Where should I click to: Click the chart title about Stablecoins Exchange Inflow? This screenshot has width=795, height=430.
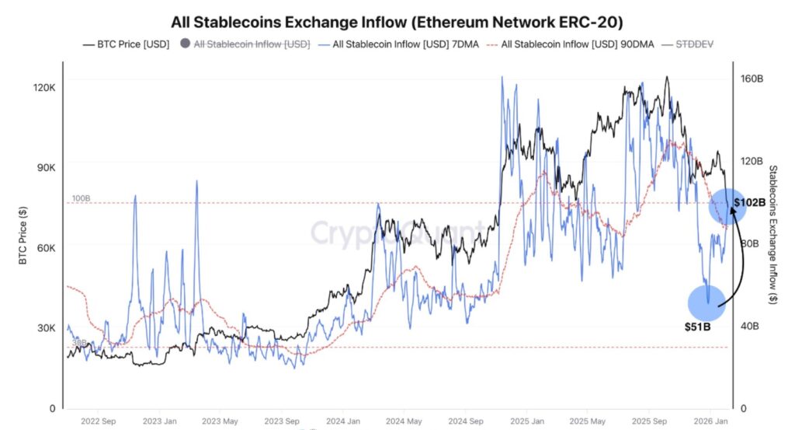click(x=397, y=21)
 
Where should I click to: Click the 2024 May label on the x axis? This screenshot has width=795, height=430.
click(x=404, y=422)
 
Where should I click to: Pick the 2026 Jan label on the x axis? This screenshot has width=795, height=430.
click(x=710, y=422)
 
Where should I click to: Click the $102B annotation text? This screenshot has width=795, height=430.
click(x=749, y=202)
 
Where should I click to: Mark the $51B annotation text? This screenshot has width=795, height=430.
click(x=697, y=327)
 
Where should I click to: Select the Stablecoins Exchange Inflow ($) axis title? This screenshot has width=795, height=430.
click(x=772, y=234)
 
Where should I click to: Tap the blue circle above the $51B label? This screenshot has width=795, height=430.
click(x=707, y=302)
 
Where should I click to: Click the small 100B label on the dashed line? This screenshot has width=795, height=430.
click(x=81, y=199)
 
